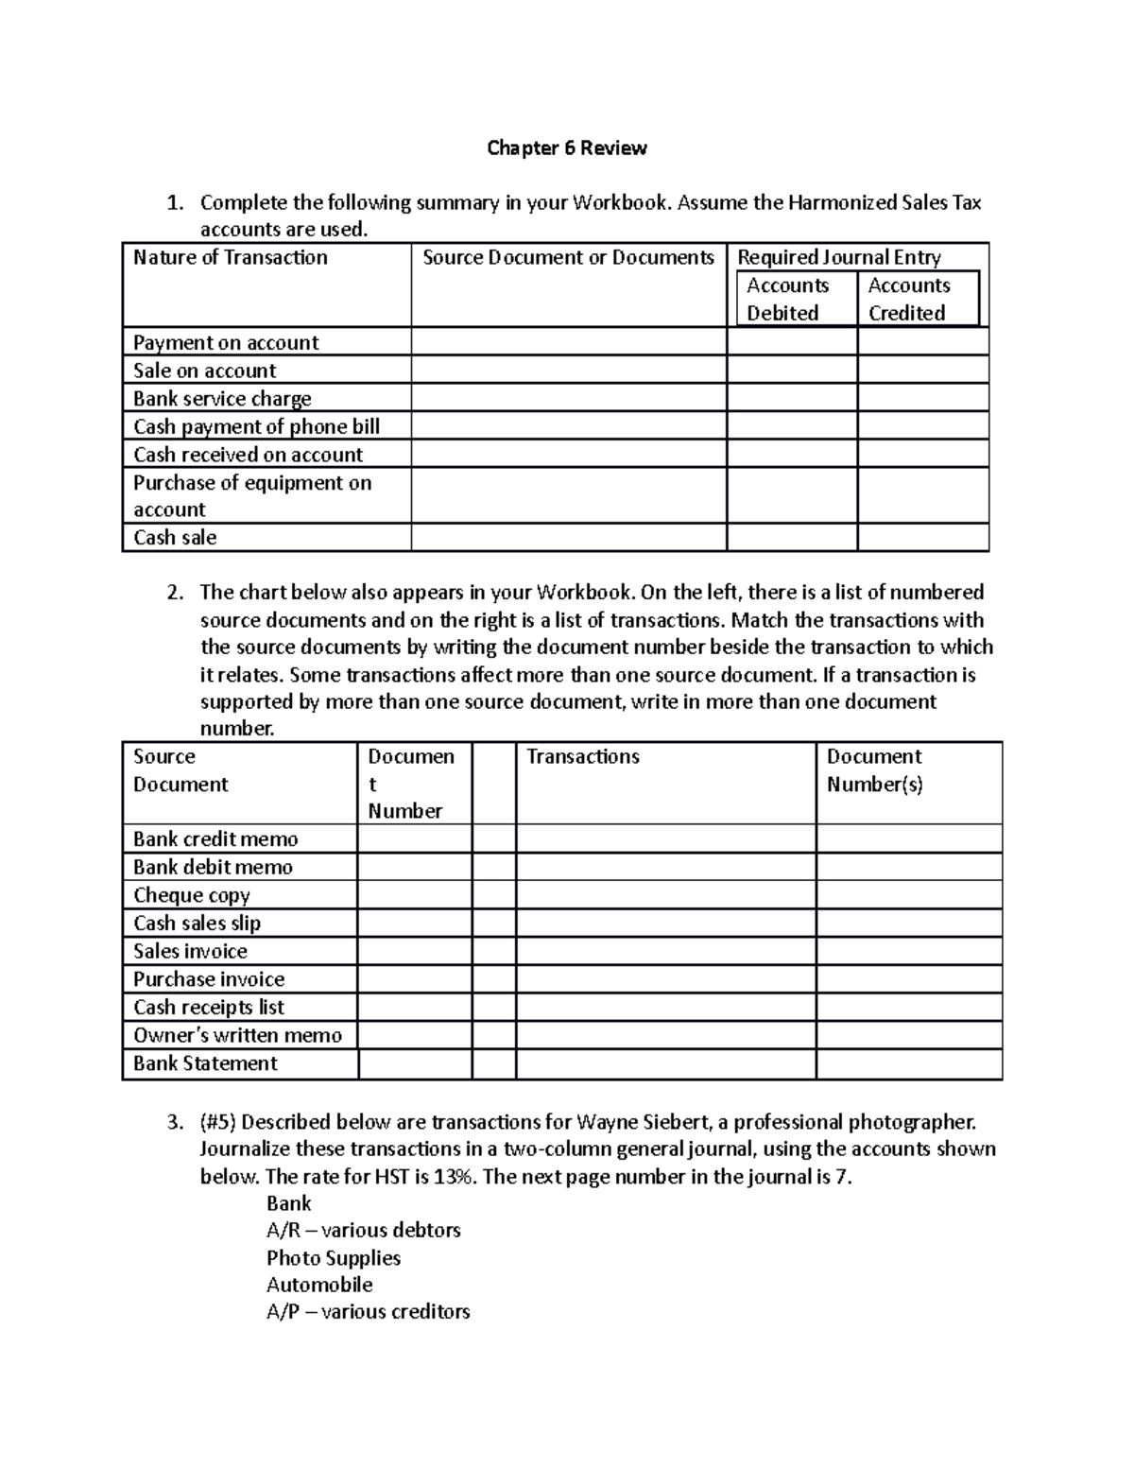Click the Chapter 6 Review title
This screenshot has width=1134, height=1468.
pyautogui.click(x=566, y=148)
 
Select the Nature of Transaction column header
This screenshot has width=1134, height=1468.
pyautogui.click(x=230, y=258)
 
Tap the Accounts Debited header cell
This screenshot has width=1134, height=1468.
pyautogui.click(x=787, y=299)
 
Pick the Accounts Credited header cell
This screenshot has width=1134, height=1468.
pyautogui.click(x=908, y=299)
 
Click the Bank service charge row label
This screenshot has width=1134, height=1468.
pyautogui.click(x=222, y=399)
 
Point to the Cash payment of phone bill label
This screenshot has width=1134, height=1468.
pyautogui.click(x=256, y=426)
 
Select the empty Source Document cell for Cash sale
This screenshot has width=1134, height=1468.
pyautogui.click(x=568, y=538)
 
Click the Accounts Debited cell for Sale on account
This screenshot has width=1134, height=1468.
pyautogui.click(x=791, y=371)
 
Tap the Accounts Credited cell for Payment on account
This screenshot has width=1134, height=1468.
pyautogui.click(x=922, y=342)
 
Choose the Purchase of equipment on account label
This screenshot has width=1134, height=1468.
pyautogui.click(x=251, y=496)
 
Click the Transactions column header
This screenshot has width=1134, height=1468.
pyautogui.click(x=582, y=757)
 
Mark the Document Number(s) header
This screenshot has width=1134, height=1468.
pyautogui.click(x=874, y=770)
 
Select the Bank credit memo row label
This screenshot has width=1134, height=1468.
pyautogui.click(x=215, y=839)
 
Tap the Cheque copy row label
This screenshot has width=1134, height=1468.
pyautogui.click(x=192, y=895)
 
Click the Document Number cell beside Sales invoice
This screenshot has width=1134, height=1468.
pyautogui.click(x=414, y=951)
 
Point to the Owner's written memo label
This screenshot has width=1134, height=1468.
pyautogui.click(x=237, y=1035)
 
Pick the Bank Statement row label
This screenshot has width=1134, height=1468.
pyautogui.click(x=205, y=1063)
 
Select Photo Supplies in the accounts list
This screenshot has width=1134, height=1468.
pyautogui.click(x=333, y=1258)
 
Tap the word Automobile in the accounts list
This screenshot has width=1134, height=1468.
pyautogui.click(x=319, y=1286)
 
